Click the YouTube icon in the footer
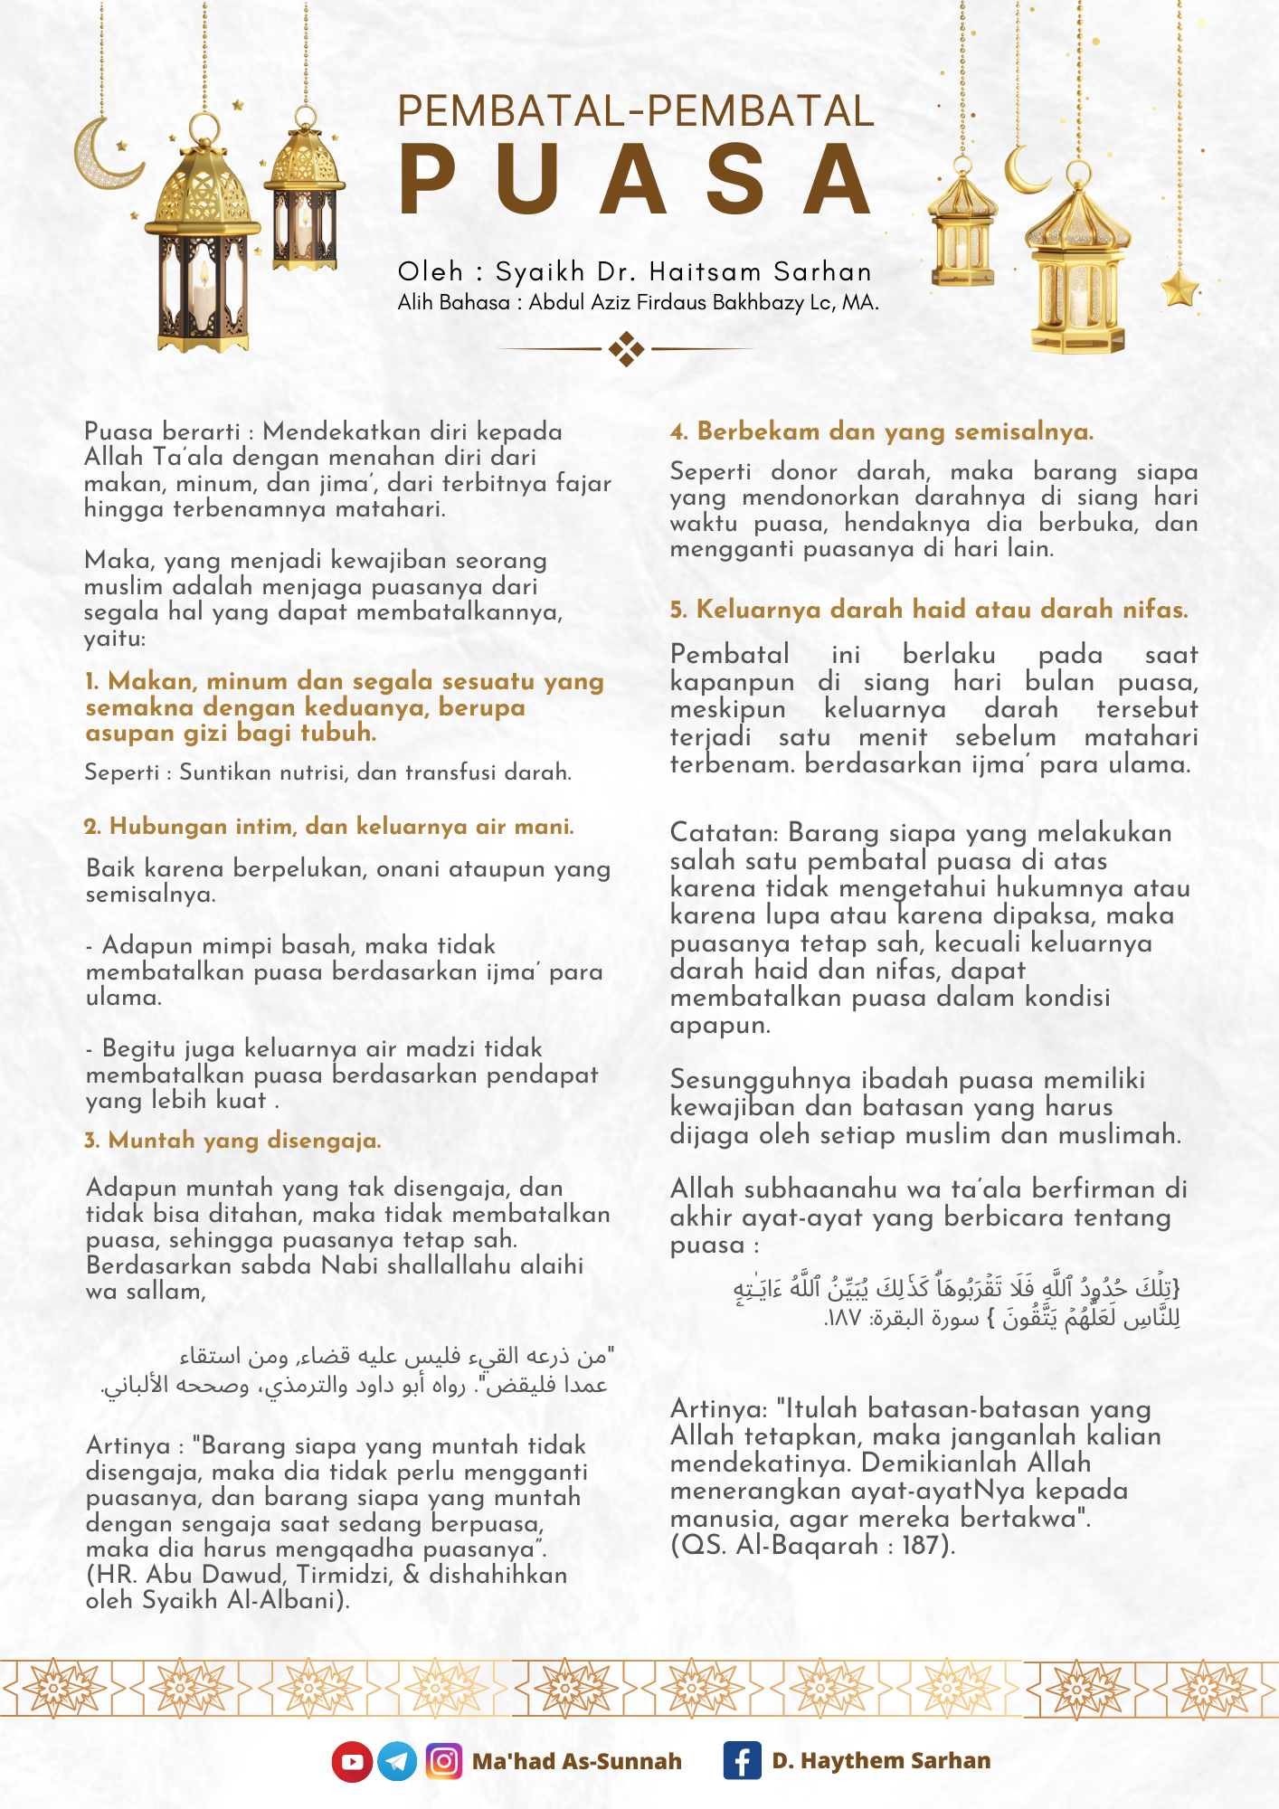click(x=352, y=1762)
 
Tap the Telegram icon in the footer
click(x=397, y=1762)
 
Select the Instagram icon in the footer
click(x=443, y=1762)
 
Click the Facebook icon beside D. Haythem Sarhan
click(x=742, y=1761)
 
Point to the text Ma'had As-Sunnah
click(x=576, y=1762)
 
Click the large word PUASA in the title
click(x=636, y=181)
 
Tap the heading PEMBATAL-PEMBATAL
click(x=636, y=111)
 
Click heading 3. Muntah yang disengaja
click(x=233, y=1141)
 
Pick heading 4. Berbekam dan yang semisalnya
click(x=882, y=431)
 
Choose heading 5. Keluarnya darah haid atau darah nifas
click(x=929, y=610)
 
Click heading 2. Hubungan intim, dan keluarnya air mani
click(x=329, y=827)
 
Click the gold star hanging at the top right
click(x=1180, y=289)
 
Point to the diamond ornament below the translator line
click(x=626, y=348)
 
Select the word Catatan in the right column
click(x=724, y=833)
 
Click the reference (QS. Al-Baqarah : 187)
click(x=812, y=1545)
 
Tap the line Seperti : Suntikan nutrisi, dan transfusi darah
click(x=327, y=772)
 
